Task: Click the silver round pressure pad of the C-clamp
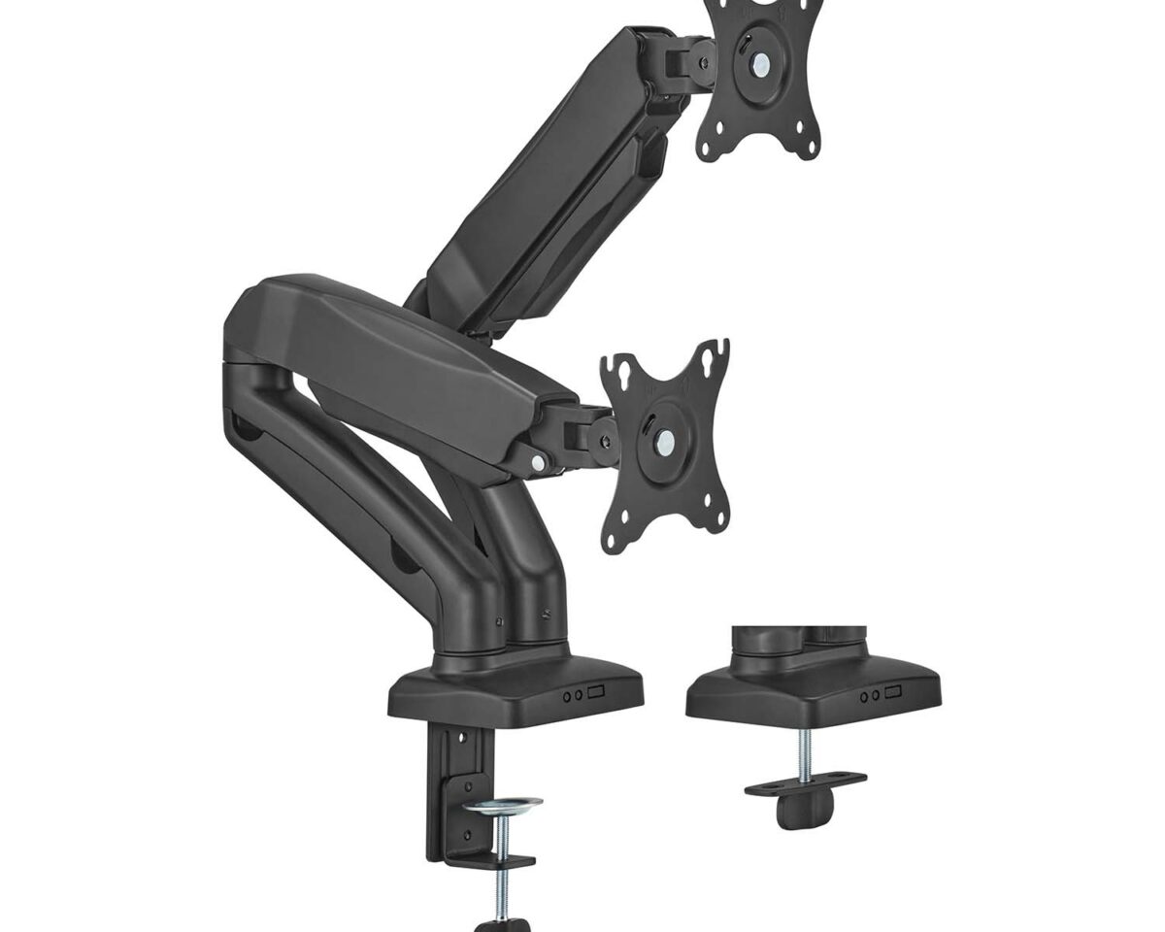(x=503, y=806)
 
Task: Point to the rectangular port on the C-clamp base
(x=594, y=693)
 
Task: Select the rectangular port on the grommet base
(x=892, y=692)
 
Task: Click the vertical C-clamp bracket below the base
(x=443, y=786)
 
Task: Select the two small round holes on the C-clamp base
(x=572, y=694)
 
